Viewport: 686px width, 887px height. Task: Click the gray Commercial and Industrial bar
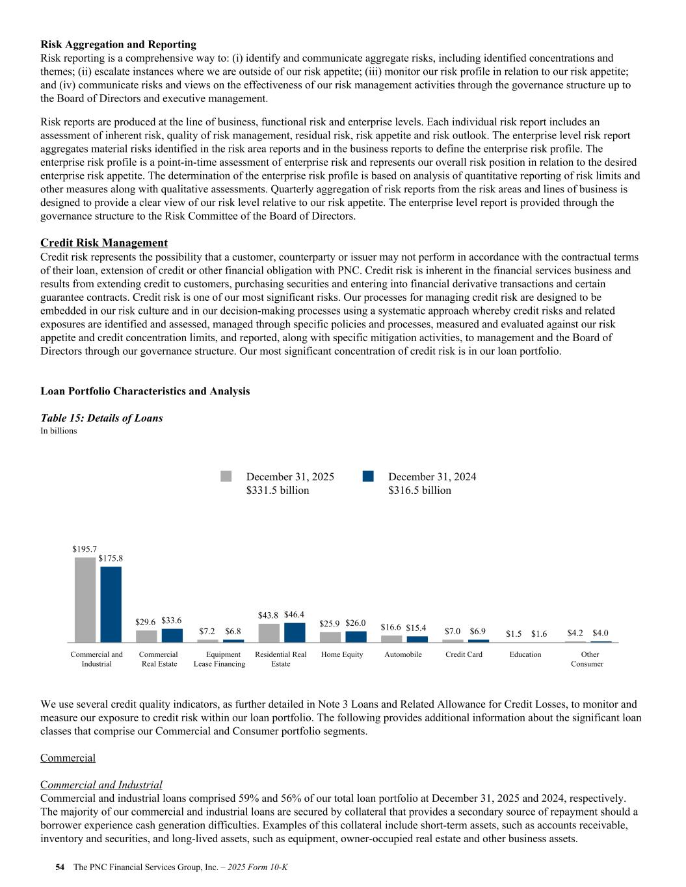click(x=85, y=600)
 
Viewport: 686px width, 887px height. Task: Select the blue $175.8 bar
click(x=111, y=604)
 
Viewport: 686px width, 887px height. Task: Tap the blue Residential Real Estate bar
click(x=295, y=632)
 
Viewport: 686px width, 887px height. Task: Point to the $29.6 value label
click(x=146, y=623)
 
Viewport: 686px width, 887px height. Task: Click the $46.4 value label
click(x=294, y=615)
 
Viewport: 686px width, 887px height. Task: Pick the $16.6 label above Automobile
click(x=391, y=628)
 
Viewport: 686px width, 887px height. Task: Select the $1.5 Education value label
click(x=514, y=634)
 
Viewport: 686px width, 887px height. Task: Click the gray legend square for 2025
click(x=226, y=476)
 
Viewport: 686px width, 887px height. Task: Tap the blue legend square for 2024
click(x=368, y=476)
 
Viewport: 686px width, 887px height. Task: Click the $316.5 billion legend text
click(x=419, y=491)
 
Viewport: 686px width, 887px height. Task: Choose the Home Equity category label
click(x=342, y=654)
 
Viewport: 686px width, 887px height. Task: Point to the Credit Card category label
click(x=464, y=654)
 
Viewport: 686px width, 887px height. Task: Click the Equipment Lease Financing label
click(x=220, y=659)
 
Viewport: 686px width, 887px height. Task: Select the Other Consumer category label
click(x=587, y=659)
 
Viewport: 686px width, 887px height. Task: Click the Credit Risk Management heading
click(x=104, y=243)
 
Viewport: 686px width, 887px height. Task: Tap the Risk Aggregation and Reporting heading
click(x=118, y=45)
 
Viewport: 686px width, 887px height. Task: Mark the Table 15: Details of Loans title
click(x=101, y=418)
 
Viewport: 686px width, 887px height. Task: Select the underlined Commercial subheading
click(x=68, y=758)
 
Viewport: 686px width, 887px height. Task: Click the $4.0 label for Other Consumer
click(x=600, y=633)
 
